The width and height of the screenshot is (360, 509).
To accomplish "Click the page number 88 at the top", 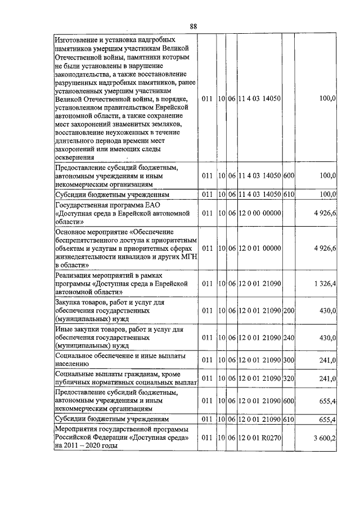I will [x=193, y=26].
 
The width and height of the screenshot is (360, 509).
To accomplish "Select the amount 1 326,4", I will [x=326, y=283].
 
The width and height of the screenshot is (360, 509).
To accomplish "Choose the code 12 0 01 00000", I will [x=259, y=248].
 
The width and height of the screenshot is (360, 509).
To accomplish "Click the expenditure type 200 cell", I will [x=289, y=310].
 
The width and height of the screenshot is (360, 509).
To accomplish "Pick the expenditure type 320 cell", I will [x=289, y=379].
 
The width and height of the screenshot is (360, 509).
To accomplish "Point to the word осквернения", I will [x=76, y=158].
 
